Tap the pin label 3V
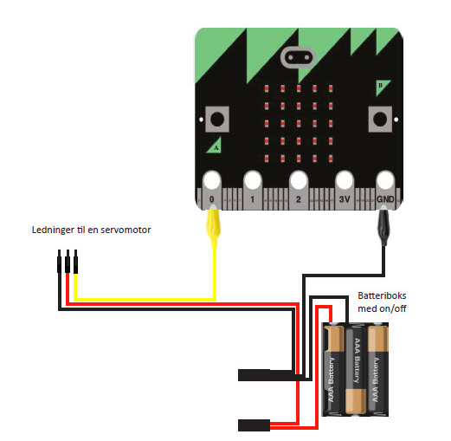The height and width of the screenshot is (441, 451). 345,199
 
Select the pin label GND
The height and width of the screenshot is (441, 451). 385,199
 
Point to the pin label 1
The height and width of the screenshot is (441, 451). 253,199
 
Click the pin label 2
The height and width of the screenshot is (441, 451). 299,199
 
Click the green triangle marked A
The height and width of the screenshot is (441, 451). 215,146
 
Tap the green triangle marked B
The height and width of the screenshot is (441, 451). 383,88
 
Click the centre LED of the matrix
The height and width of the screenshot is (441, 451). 299,124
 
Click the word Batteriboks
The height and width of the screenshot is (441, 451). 382,295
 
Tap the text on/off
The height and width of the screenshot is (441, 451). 393,308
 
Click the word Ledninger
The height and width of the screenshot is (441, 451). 53,230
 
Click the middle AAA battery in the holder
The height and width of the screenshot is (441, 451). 356,370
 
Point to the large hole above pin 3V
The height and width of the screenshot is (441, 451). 345,180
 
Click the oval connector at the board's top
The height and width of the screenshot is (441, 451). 299,57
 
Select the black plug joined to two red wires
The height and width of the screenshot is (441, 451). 254,425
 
